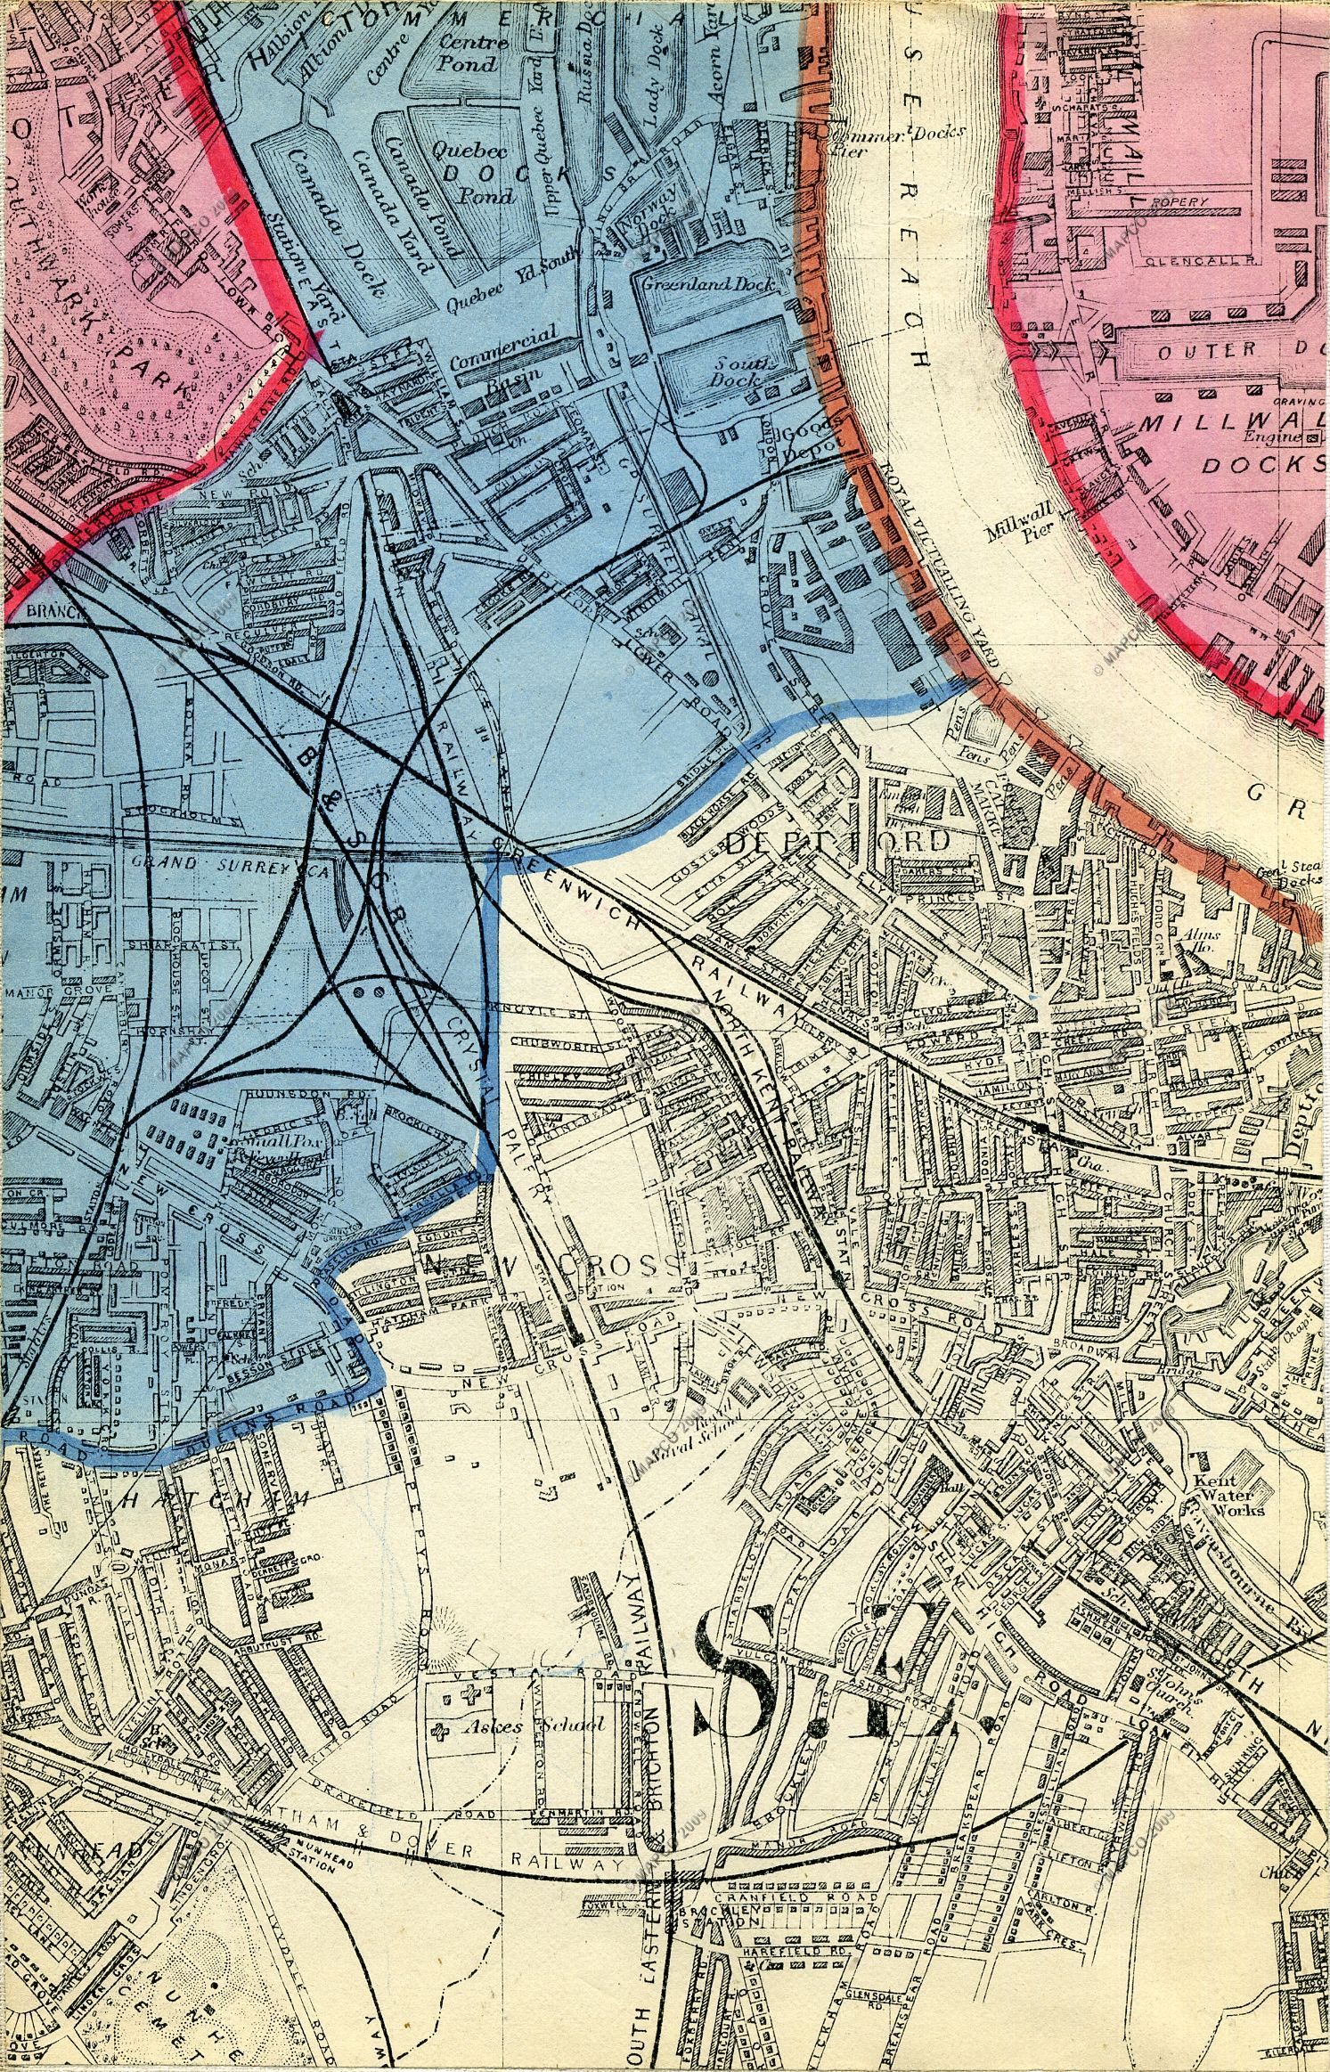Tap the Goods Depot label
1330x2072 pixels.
(806, 441)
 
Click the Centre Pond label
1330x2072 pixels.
(464, 53)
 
